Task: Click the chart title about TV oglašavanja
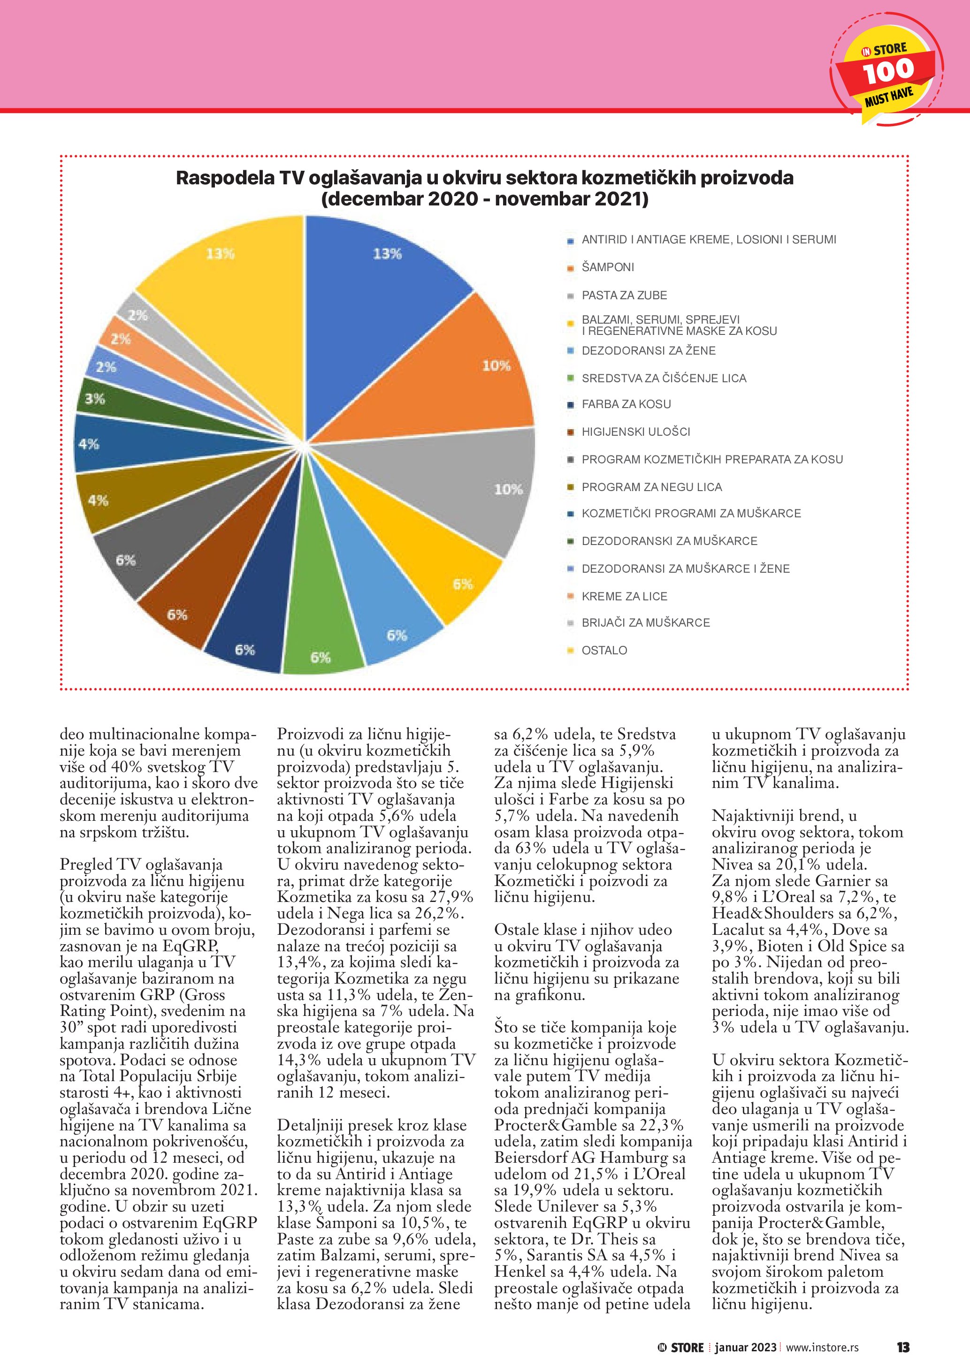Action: point(484,188)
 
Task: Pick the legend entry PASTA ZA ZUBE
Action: point(624,295)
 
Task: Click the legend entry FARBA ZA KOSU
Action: point(626,404)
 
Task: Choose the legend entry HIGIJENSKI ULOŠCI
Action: point(635,432)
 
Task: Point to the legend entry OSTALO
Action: point(604,650)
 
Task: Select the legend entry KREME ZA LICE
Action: point(624,596)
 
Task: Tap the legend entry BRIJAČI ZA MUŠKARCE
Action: point(646,623)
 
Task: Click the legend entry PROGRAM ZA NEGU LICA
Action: point(652,487)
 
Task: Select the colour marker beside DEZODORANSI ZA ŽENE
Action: point(571,351)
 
